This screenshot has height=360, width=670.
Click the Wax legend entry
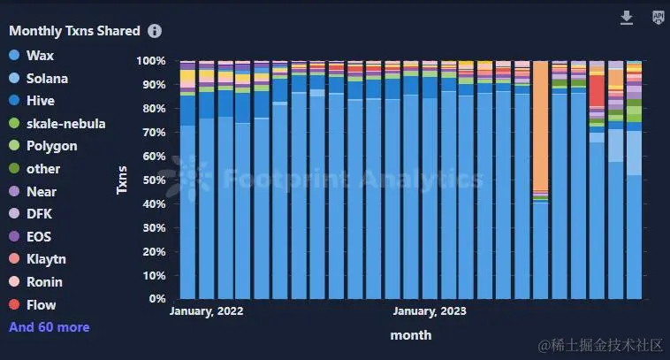tap(40, 56)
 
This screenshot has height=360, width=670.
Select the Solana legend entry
tap(47, 78)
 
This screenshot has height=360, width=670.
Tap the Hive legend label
tap(41, 101)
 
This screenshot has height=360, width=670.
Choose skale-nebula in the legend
tap(65, 123)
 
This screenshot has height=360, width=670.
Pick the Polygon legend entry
tap(51, 146)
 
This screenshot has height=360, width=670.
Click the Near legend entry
tap(42, 191)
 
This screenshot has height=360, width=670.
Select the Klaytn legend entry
tap(46, 259)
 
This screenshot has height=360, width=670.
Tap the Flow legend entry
tap(41, 304)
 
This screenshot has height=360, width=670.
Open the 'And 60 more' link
tap(49, 327)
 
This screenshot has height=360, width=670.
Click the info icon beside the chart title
tap(155, 31)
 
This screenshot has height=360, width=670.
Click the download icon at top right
tap(627, 18)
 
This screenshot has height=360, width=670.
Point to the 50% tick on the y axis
tap(152, 180)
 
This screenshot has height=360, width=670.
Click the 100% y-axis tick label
tap(150, 61)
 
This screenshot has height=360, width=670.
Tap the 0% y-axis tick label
tap(156, 299)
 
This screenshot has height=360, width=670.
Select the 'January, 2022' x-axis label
tap(206, 311)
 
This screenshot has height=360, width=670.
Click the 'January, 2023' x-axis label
tap(430, 311)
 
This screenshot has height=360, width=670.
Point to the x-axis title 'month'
tap(411, 335)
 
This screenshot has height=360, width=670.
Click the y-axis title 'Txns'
tap(123, 180)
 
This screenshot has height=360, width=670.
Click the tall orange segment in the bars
tap(540, 124)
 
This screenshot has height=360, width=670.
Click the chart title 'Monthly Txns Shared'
tap(74, 31)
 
